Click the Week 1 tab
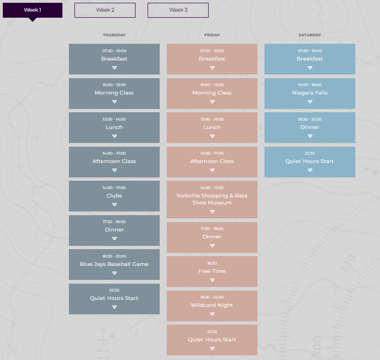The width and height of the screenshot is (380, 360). coord(33,10)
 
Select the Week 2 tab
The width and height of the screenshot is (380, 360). coord(105,10)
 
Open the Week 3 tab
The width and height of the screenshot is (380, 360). coord(178,10)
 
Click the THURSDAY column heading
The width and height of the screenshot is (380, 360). coord(114,35)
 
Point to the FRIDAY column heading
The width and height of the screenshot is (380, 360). coord(212,35)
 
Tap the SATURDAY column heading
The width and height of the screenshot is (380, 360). coord(310,35)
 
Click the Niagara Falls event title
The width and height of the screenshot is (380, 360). coord(310,93)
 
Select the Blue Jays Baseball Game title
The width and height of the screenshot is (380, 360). coord(114,264)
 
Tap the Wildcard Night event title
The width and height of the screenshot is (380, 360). coord(212,305)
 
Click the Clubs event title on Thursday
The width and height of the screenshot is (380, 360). coord(114,196)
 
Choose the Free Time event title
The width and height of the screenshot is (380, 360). coord(212,271)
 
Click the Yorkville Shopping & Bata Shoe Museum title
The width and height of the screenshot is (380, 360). coord(212,199)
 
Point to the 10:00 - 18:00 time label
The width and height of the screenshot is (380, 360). coord(310,85)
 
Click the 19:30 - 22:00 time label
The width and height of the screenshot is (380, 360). coord(212,297)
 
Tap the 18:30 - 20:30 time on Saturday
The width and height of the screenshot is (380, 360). coord(310,119)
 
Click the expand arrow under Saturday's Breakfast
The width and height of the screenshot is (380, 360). coord(310,68)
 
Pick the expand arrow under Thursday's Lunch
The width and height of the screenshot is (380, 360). coord(114,136)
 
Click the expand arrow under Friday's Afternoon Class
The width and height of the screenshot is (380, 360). coord(212,170)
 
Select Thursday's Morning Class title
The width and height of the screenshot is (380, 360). coord(114,93)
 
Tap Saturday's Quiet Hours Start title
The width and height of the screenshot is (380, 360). coord(310,161)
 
